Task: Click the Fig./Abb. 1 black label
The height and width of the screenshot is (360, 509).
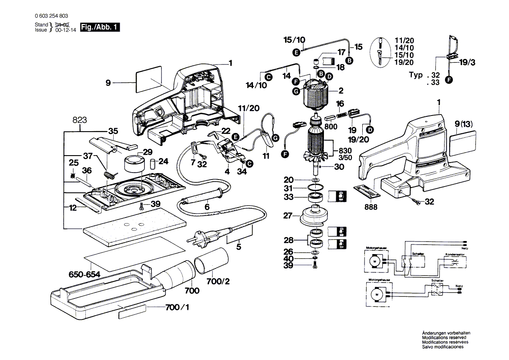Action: (x=100, y=27)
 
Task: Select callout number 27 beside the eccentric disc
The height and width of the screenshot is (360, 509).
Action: (x=287, y=215)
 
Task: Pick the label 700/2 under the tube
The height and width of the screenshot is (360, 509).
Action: (x=218, y=282)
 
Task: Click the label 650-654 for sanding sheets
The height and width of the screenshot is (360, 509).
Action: (x=84, y=275)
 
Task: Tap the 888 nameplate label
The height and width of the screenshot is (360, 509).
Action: (x=371, y=207)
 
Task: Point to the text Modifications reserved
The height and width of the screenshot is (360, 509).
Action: (x=444, y=338)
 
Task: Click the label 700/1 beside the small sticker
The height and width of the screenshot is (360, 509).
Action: (x=177, y=308)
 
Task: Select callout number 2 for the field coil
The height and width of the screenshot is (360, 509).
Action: (x=341, y=91)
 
